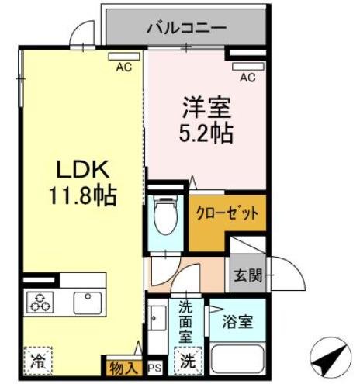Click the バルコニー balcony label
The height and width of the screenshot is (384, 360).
point(186,28)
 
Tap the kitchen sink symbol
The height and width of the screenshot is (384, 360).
point(84,300)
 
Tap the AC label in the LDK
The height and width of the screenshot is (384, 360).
point(123,67)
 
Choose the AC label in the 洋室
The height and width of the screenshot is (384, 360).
point(247,77)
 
